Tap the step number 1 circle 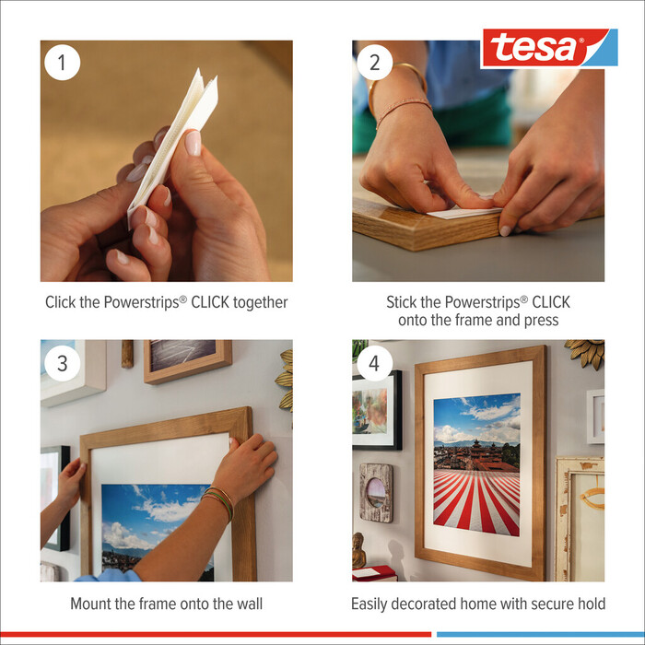tap(63, 62)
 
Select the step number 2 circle tap(374, 62)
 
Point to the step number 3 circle tap(63, 362)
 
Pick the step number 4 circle tap(374, 362)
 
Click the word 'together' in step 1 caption tap(258, 302)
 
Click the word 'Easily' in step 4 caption tap(372, 604)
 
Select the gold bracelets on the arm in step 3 tap(218, 502)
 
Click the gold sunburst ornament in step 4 tap(584, 351)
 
